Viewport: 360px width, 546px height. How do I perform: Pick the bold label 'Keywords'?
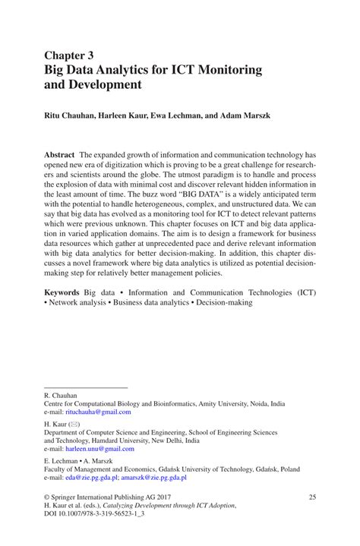[x=63, y=292]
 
